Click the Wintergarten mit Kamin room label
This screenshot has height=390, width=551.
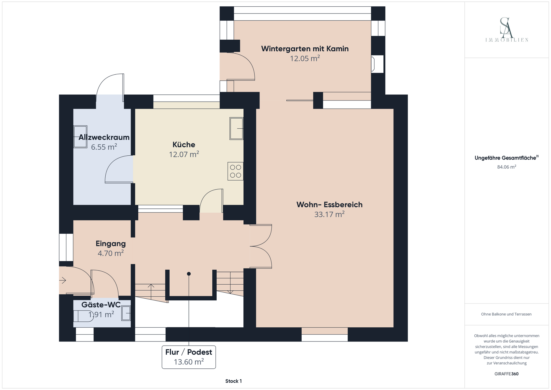pyautogui.click(x=305, y=49)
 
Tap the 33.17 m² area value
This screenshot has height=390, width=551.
pyautogui.click(x=329, y=214)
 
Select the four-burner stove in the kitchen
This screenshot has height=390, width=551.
pyautogui.click(x=235, y=171)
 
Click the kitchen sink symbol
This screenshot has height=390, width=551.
pyautogui.click(x=236, y=128)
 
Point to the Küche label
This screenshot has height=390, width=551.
pyautogui.click(x=184, y=144)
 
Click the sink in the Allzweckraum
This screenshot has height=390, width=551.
pyautogui.click(x=80, y=137)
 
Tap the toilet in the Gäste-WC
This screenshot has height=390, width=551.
pyautogui.click(x=83, y=316)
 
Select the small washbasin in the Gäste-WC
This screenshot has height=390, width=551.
pyautogui.click(x=126, y=313)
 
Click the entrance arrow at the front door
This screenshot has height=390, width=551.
pyautogui.click(x=63, y=280)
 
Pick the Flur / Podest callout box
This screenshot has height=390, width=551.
pyautogui.click(x=189, y=357)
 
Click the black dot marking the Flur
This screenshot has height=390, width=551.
pyautogui.click(x=189, y=274)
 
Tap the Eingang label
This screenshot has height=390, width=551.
pyautogui.click(x=111, y=244)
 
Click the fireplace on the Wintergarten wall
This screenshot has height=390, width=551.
pyautogui.click(x=377, y=64)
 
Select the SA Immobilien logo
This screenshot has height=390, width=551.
pyautogui.click(x=507, y=30)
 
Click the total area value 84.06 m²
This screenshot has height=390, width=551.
pyautogui.click(x=507, y=167)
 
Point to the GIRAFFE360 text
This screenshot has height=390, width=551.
pyautogui.click(x=507, y=374)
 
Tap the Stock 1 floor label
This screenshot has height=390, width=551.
pyautogui.click(x=234, y=381)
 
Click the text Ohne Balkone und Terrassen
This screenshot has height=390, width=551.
pyautogui.click(x=507, y=314)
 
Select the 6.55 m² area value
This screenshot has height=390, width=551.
pyautogui.click(x=104, y=147)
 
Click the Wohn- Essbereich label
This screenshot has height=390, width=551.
pyautogui.click(x=329, y=204)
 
